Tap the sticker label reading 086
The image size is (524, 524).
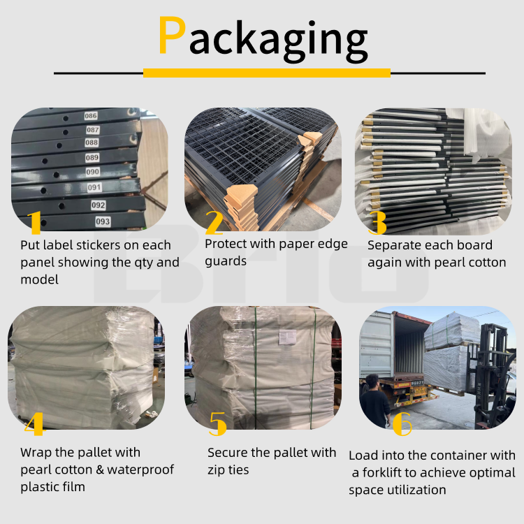[x=91, y=116]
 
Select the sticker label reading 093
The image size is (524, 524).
[x=103, y=221]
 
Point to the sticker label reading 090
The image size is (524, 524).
[x=92, y=172]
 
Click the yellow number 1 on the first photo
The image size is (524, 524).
[x=35, y=221]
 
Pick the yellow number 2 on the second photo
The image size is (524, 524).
[x=214, y=221]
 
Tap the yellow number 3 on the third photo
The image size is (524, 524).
[x=377, y=221]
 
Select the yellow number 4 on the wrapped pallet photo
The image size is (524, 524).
[x=34, y=423]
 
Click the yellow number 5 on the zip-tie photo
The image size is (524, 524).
[x=218, y=423]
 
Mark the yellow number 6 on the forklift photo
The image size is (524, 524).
[x=402, y=423]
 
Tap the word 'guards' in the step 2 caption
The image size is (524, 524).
[x=226, y=261]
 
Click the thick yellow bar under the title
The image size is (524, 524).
[x=266, y=73]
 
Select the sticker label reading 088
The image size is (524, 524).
[x=92, y=143]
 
